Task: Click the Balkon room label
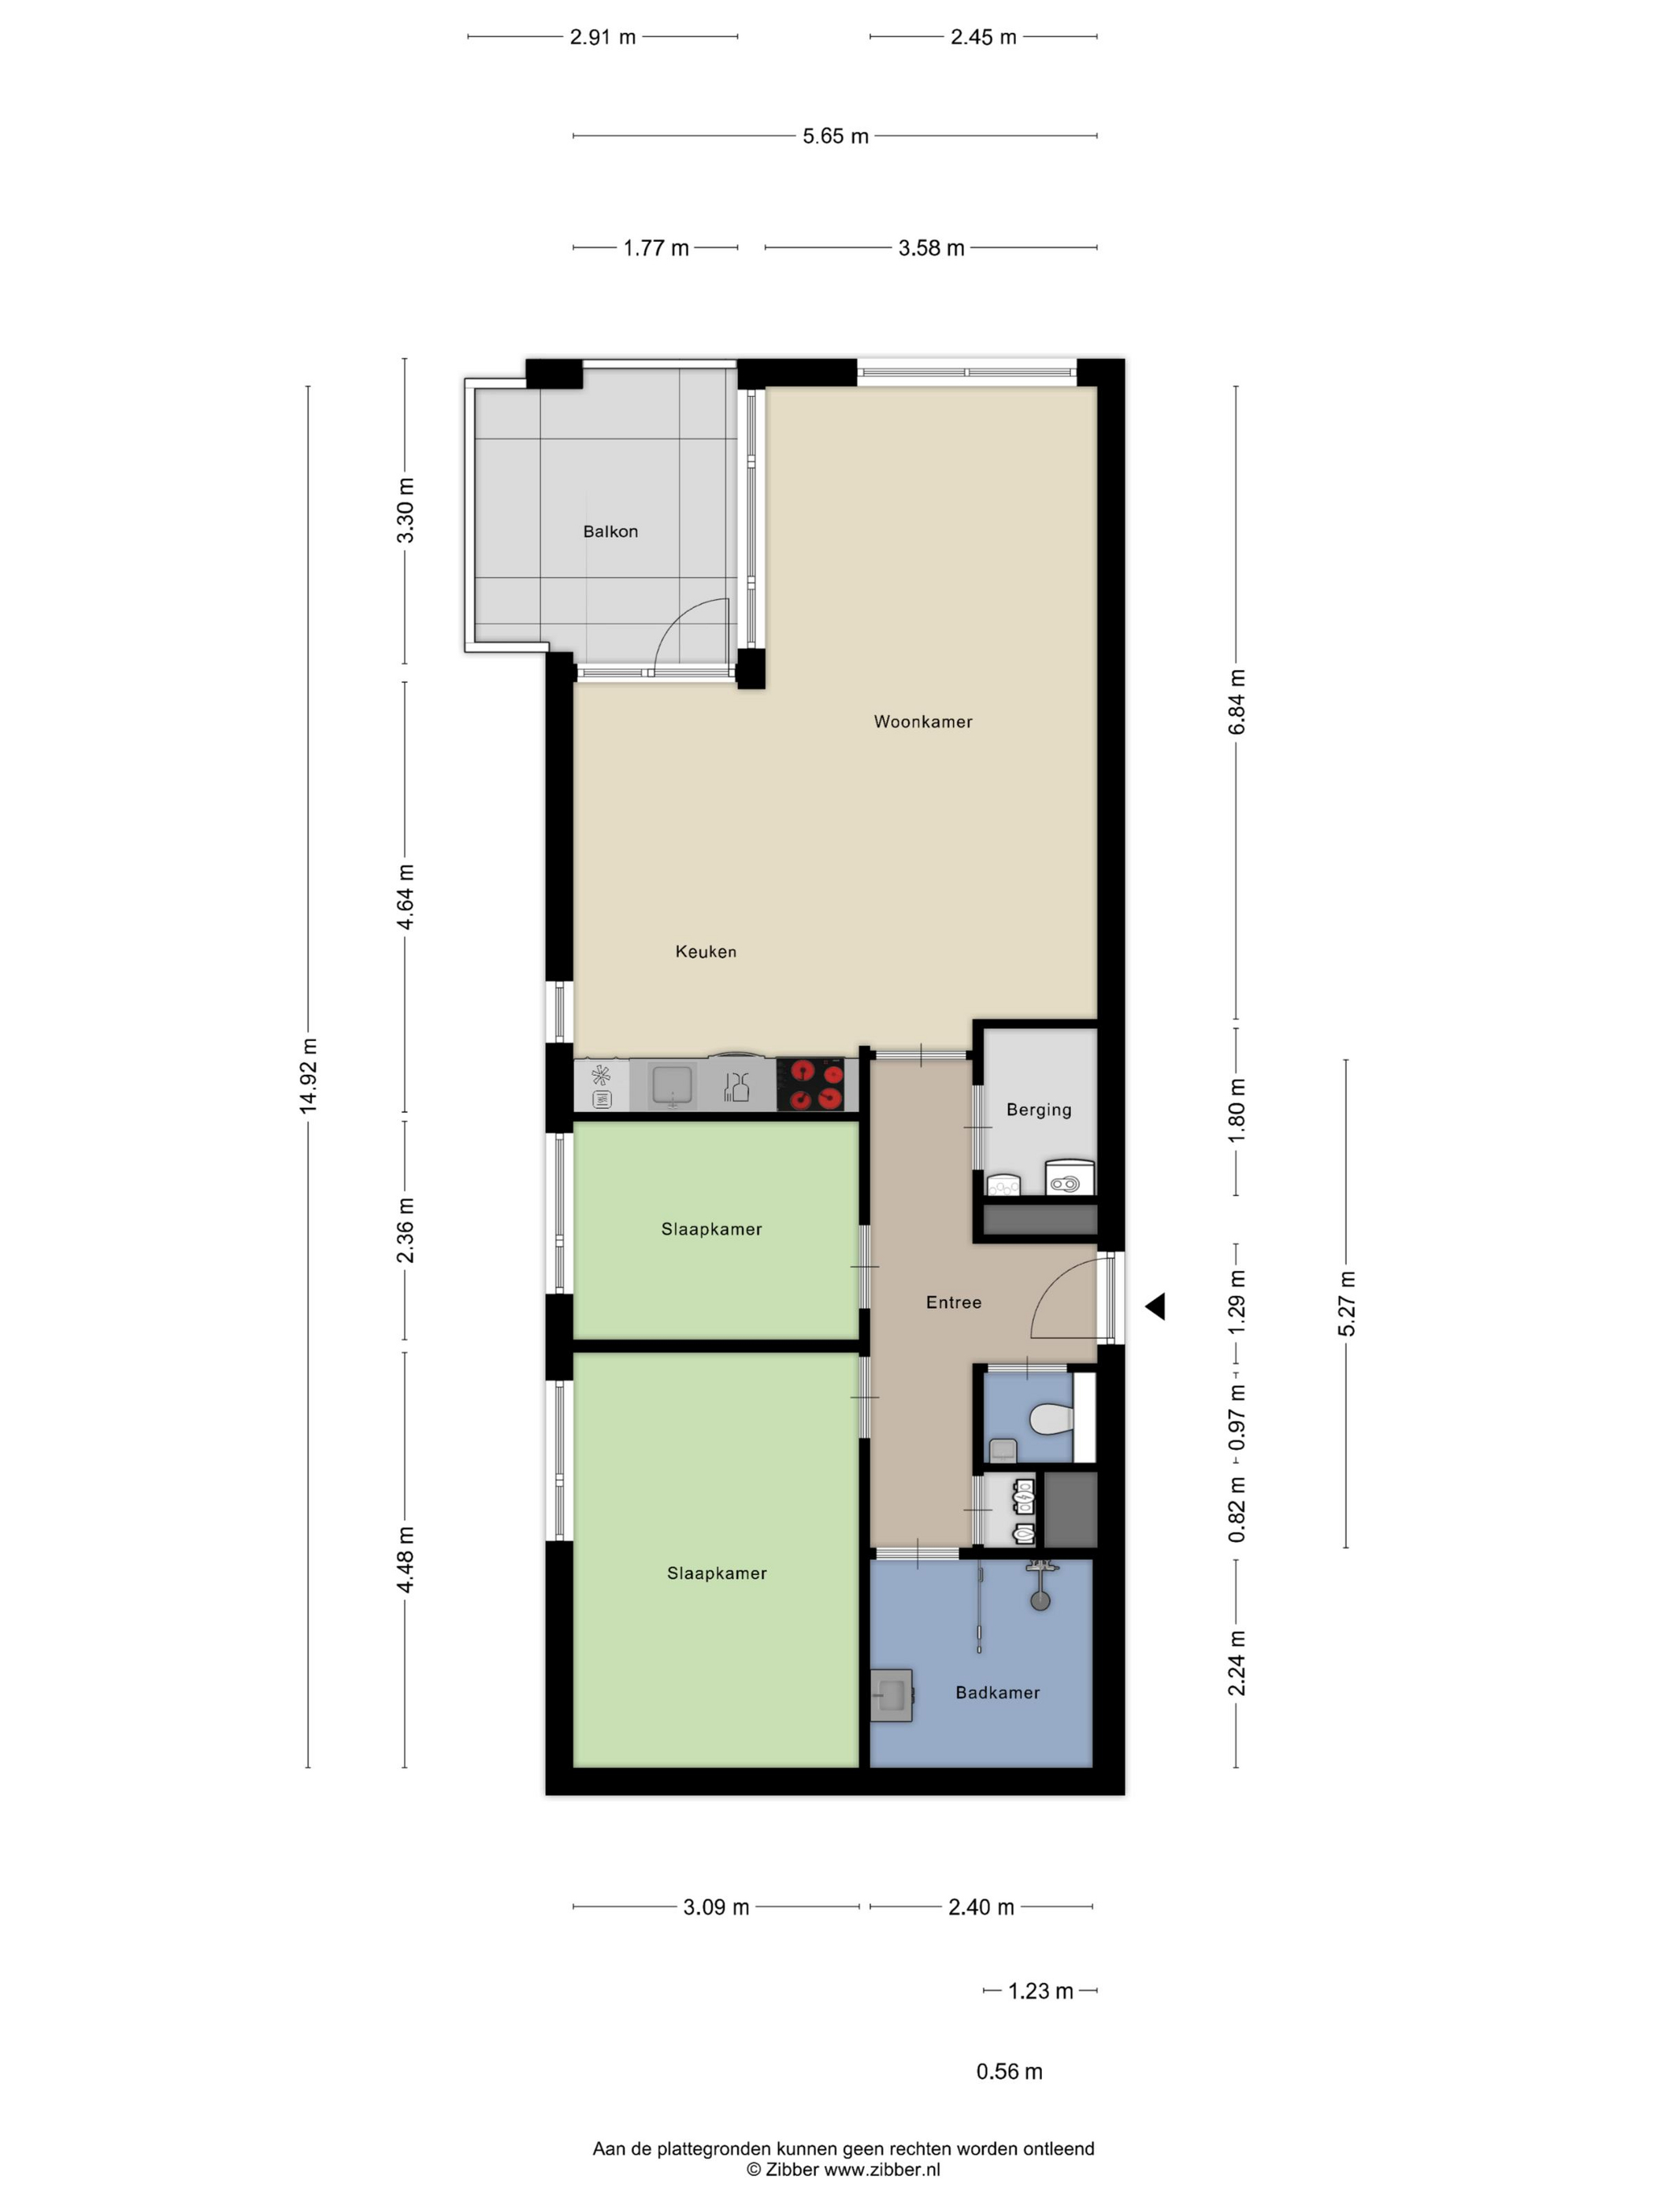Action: pyautogui.click(x=610, y=532)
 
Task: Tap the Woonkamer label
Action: pyautogui.click(x=923, y=721)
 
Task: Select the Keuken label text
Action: pyautogui.click(x=706, y=952)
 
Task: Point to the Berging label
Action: pyautogui.click(x=1039, y=1110)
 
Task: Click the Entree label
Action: pyautogui.click(x=954, y=1302)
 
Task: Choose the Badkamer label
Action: pyautogui.click(x=998, y=1692)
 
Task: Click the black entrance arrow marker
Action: pyautogui.click(x=1155, y=1306)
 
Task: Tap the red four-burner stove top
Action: pyautogui.click(x=818, y=1084)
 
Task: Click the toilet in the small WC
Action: pyautogui.click(x=1050, y=1418)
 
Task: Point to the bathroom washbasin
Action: pyautogui.click(x=892, y=1695)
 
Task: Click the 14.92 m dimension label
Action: pyautogui.click(x=309, y=1076)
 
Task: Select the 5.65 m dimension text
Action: pyautogui.click(x=836, y=136)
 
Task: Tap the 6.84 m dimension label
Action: pyautogui.click(x=1237, y=702)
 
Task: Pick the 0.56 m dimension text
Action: pyautogui.click(x=1009, y=2071)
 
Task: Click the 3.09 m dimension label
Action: pyautogui.click(x=716, y=1907)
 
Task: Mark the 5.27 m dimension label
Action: pyautogui.click(x=1347, y=1304)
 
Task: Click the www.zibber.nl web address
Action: pyautogui.click(x=881, y=2169)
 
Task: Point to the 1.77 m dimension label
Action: pyautogui.click(x=656, y=248)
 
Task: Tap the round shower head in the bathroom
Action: pyautogui.click(x=1040, y=1602)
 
